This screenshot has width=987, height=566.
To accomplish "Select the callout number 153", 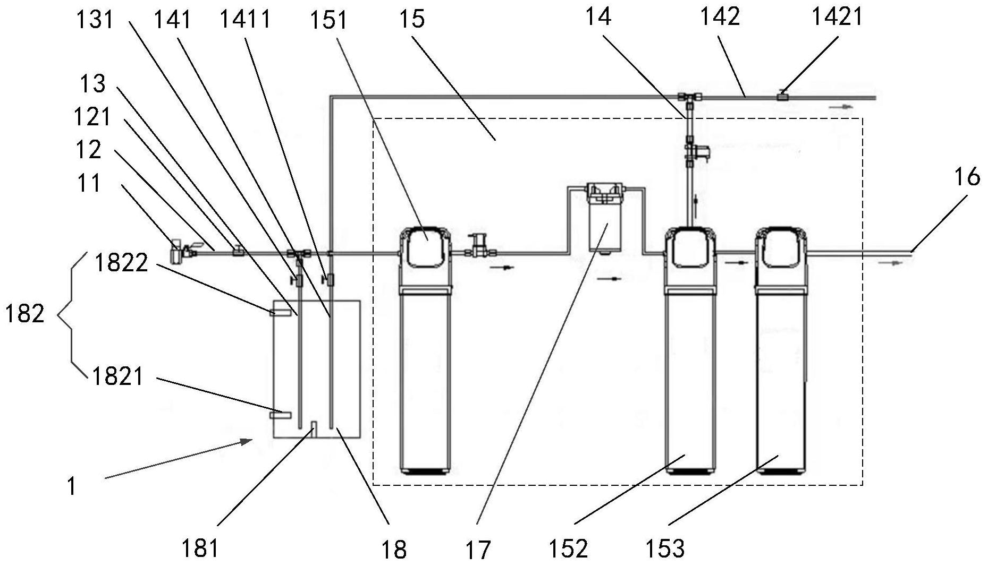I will pyautogui.click(x=664, y=548).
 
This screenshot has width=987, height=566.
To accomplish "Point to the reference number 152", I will pyautogui.click(x=568, y=548).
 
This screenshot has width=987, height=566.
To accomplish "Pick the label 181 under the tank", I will pyautogui.click(x=200, y=548).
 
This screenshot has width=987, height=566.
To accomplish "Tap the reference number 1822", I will pyautogui.click(x=121, y=262).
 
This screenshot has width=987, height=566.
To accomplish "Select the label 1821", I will pyautogui.click(x=118, y=376).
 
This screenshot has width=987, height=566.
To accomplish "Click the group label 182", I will pyautogui.click(x=24, y=314).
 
